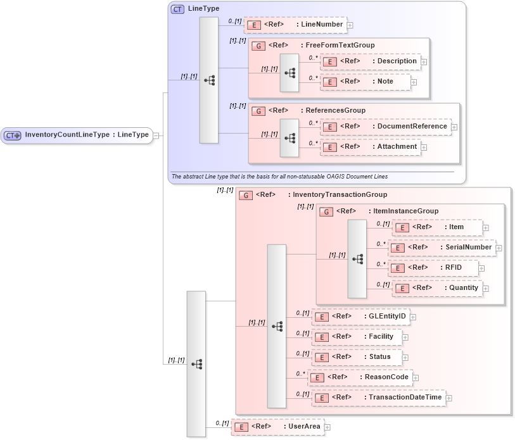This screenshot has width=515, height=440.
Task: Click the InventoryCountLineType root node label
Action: [x=86, y=135]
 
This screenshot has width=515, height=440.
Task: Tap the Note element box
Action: [x=366, y=82]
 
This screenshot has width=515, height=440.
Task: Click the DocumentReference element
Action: [x=386, y=127]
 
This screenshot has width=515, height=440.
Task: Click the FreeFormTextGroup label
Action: [x=340, y=46]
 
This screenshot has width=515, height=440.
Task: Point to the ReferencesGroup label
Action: [x=335, y=111]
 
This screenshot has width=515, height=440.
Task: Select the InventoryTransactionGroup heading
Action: [x=340, y=195]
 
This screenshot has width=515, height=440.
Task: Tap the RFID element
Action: [x=433, y=268]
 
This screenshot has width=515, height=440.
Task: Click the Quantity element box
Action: [x=438, y=288]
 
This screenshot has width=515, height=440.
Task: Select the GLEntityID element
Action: [x=361, y=316]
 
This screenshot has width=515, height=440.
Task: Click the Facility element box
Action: [x=357, y=336]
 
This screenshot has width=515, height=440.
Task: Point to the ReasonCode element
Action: [x=360, y=377]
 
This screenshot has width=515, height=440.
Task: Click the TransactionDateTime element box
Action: [x=378, y=398]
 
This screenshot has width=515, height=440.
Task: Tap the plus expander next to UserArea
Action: [x=327, y=427]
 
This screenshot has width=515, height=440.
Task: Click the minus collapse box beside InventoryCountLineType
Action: [x=156, y=135]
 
